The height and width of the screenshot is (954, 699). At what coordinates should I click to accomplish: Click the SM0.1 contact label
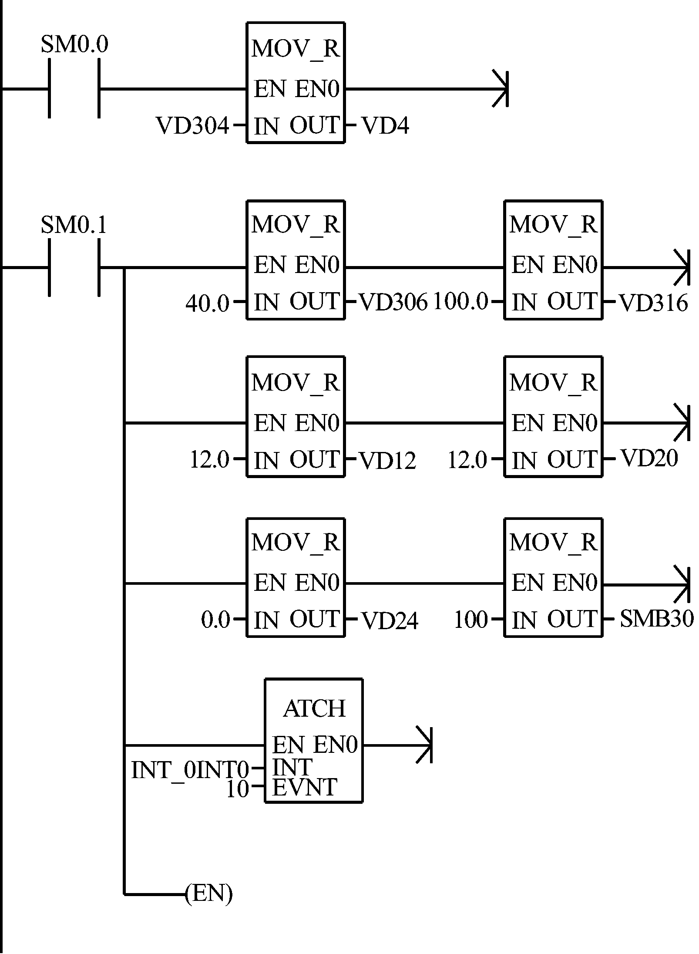coord(74,226)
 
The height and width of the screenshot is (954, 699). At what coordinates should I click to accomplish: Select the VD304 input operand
coord(192,126)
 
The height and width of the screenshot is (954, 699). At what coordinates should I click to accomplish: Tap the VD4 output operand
coord(385,126)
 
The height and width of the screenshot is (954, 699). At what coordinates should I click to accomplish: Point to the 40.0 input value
coord(207,303)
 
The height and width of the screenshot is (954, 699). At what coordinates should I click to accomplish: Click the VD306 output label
coord(393,303)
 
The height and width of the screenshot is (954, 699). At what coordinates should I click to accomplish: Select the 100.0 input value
coord(461,302)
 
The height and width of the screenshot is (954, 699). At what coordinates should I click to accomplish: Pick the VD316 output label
coord(653,303)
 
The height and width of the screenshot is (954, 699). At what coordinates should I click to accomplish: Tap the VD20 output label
coord(649,458)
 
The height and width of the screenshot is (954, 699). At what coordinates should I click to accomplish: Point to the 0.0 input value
coord(215,620)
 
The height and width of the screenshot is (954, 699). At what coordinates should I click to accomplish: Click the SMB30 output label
coord(656,619)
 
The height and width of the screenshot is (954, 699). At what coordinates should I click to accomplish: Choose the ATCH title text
coord(314,709)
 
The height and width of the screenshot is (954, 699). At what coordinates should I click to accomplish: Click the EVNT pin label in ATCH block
coord(305,787)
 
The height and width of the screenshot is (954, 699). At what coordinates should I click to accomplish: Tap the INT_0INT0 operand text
coord(190,770)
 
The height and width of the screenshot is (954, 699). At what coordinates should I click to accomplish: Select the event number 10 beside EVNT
coord(238,789)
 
